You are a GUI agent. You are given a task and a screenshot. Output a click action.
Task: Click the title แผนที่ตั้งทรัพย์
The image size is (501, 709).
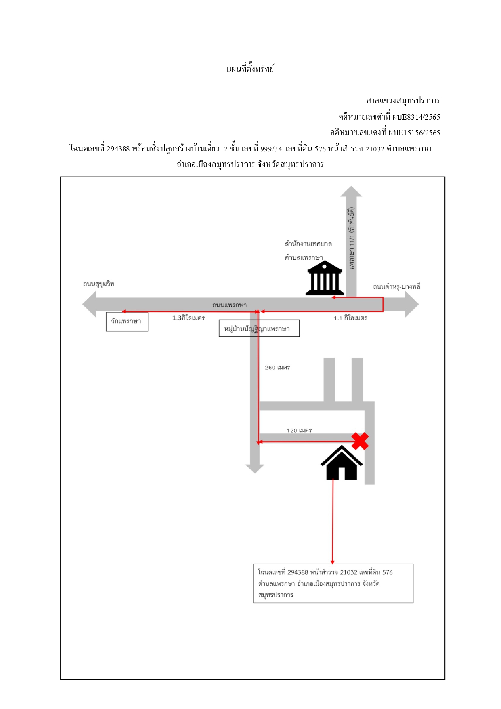(250, 69)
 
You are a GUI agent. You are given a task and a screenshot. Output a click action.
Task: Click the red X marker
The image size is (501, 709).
(360, 441)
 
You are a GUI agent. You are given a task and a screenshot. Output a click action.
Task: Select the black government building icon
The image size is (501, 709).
(325, 278)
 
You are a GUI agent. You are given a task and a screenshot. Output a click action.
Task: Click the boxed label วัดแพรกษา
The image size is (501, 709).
(127, 322)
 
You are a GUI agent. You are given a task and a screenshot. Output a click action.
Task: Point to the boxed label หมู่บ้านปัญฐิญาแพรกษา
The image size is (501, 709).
(259, 328)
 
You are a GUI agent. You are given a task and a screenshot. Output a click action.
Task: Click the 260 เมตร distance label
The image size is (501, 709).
(277, 368)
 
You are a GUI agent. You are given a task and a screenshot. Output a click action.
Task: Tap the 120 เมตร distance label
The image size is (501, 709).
(299, 431)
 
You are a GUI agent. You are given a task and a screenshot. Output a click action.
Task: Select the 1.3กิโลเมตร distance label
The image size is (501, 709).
(189, 318)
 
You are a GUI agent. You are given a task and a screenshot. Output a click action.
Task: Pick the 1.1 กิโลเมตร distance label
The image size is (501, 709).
(350, 318)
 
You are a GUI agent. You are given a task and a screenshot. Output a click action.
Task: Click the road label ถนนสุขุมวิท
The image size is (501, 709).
(99, 284)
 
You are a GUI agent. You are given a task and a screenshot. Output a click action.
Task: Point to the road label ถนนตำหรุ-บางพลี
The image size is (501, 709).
(396, 287)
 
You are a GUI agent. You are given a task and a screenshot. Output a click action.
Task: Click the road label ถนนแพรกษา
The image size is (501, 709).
(229, 305)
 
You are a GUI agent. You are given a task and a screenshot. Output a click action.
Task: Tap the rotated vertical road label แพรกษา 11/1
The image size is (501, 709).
(352, 238)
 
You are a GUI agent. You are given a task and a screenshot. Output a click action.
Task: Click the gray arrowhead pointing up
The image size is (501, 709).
(351, 191)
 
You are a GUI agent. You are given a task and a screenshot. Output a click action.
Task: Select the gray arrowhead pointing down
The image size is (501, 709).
(255, 469)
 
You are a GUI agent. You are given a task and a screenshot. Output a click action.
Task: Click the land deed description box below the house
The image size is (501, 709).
(333, 583)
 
